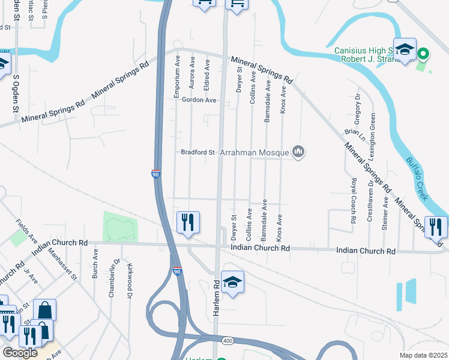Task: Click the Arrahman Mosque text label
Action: (x=255, y=152)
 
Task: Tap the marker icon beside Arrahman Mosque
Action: (x=298, y=152)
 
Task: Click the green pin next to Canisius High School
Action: (x=423, y=54)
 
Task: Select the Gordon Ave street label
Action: (x=199, y=100)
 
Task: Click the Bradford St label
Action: (x=198, y=152)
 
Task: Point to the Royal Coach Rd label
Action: (x=354, y=201)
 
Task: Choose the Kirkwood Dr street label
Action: (x=129, y=280)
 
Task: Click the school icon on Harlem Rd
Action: (x=232, y=282)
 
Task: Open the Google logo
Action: (x=20, y=353)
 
